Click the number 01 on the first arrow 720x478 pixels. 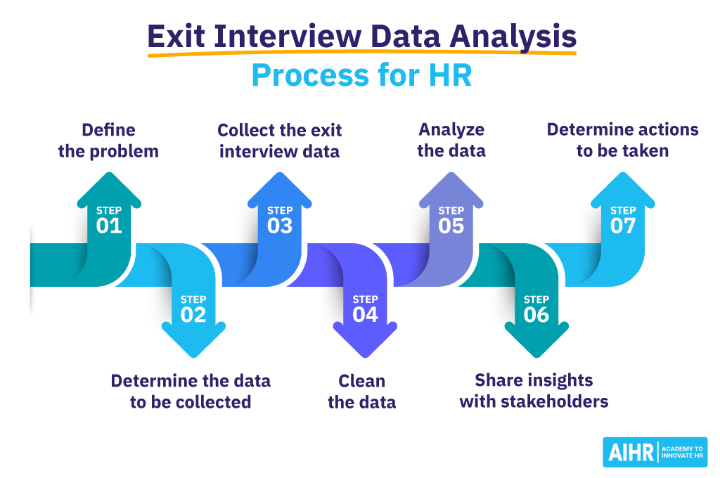[109, 226]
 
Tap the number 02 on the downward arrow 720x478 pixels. [193, 315]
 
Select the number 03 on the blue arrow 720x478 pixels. [280, 226]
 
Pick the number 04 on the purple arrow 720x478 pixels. [365, 315]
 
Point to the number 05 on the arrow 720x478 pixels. [451, 226]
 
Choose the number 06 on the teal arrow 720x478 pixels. [536, 315]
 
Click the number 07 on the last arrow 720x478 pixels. [622, 226]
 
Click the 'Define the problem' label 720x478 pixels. [108, 141]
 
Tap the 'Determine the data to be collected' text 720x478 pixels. [191, 392]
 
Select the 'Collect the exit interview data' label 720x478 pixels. [280, 141]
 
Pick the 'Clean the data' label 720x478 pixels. [362, 392]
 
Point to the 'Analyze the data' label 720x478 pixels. [451, 141]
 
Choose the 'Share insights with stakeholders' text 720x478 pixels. [534, 392]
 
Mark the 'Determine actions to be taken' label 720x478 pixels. [622, 141]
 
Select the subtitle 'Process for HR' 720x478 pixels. [361, 76]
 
